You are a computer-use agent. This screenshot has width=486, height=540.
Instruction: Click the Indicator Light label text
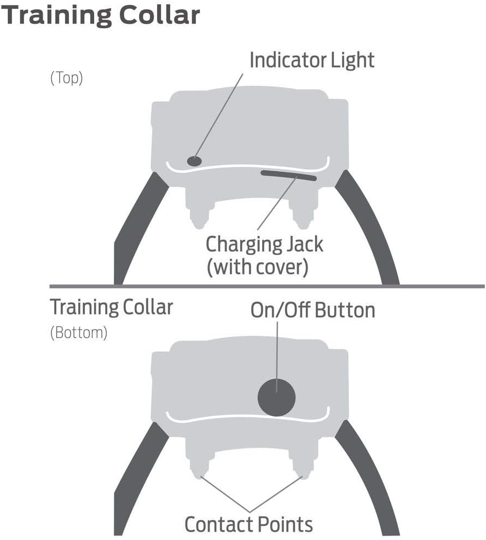[311, 60]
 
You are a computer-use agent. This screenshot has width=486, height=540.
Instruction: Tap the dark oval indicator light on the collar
[194, 161]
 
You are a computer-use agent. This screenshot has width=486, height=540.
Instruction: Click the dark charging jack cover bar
[288, 176]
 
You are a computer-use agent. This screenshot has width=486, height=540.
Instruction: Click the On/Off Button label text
[313, 310]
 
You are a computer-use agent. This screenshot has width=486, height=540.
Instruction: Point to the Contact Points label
[248, 524]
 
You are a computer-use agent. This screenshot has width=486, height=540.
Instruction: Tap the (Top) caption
[66, 78]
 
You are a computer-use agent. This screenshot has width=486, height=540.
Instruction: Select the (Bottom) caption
[78, 333]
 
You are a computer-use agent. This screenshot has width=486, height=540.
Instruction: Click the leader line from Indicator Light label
[219, 115]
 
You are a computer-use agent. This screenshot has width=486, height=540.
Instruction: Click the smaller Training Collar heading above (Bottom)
[111, 307]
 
